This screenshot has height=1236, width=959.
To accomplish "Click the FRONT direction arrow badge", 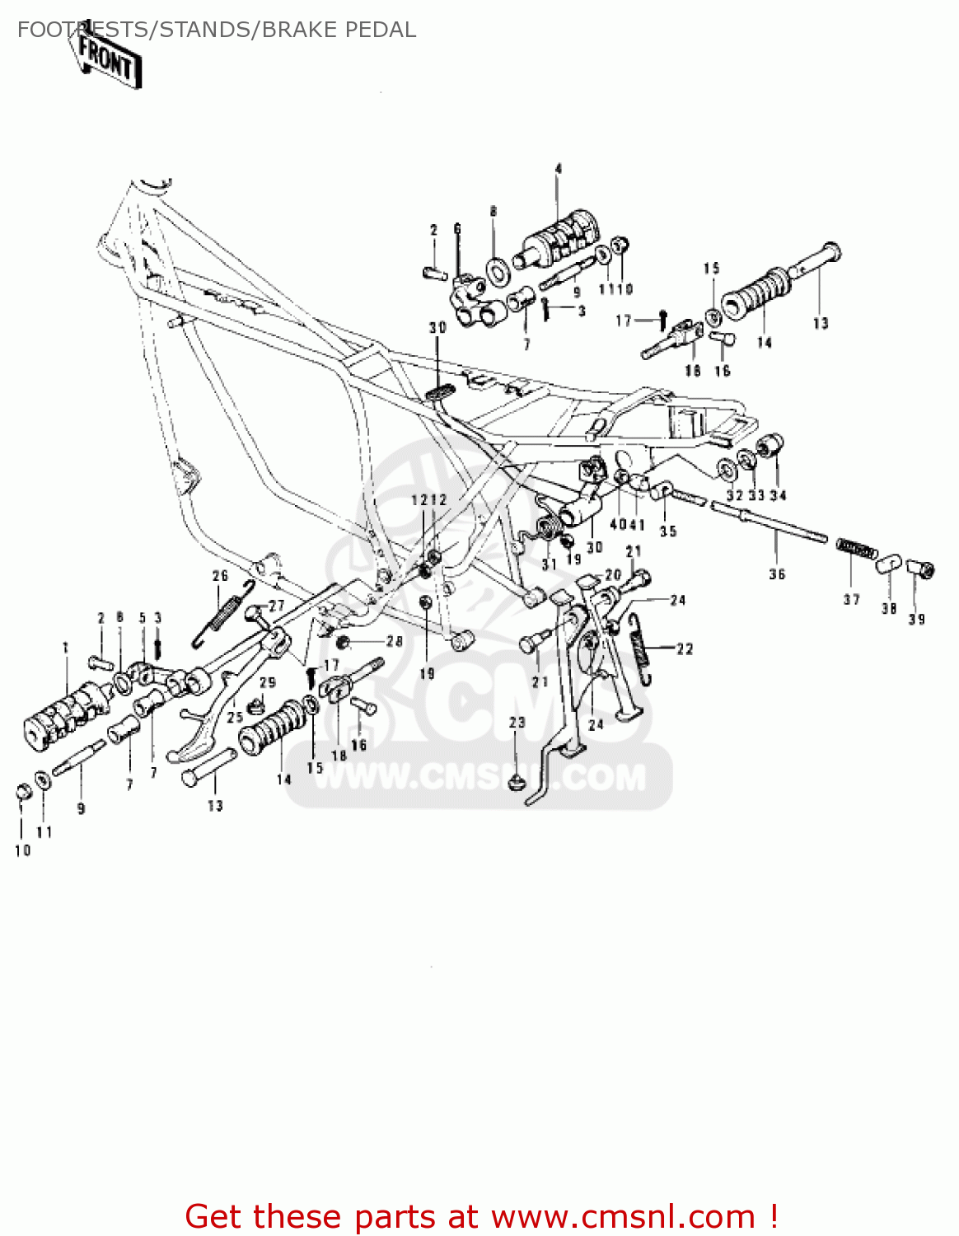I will [x=107, y=59].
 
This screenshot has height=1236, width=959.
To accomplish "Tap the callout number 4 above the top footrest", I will [x=558, y=169].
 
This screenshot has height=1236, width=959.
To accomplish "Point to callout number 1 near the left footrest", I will [x=66, y=648].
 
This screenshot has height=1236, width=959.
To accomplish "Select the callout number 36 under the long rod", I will [x=777, y=574].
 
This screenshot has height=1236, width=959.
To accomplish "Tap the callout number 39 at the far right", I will [x=917, y=619].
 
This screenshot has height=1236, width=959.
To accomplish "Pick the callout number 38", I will [x=888, y=608].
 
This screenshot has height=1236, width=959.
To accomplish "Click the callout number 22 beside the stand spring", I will [x=685, y=649].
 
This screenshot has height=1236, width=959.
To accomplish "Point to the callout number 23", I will [x=517, y=722].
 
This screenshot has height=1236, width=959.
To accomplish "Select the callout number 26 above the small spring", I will [x=220, y=576].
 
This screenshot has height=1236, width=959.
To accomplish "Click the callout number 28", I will [x=395, y=641].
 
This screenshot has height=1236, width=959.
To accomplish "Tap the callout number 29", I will [x=268, y=682].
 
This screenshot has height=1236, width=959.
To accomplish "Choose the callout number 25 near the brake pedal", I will [x=235, y=717].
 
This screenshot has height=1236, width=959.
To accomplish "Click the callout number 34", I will [x=778, y=495].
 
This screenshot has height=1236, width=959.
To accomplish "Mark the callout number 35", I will [x=668, y=531].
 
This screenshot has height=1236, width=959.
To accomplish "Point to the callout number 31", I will [x=550, y=564].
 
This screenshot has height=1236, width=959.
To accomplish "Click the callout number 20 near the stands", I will [x=613, y=574].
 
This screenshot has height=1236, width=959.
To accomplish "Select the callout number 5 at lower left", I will [x=142, y=618].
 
